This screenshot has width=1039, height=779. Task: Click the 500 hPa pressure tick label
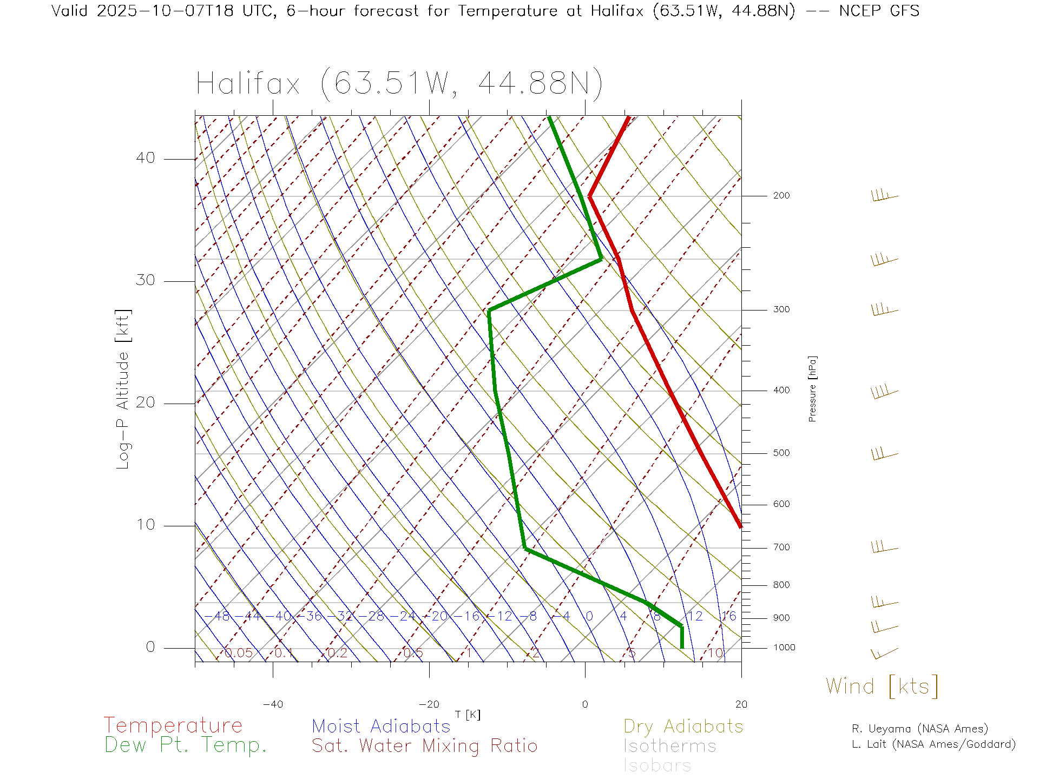(781, 453)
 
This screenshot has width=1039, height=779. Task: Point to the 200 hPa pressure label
(781, 195)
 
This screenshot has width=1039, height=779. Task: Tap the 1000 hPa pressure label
(784, 648)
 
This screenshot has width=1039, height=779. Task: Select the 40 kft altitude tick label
(145, 158)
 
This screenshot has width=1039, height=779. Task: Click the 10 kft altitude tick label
(145, 525)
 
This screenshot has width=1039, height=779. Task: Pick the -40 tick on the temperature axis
(273, 704)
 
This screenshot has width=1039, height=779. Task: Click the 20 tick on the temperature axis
(741, 704)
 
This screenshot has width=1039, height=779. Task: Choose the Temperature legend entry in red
(173, 725)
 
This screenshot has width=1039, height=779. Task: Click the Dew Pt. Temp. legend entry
(186, 745)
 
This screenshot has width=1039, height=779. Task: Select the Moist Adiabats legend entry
(381, 726)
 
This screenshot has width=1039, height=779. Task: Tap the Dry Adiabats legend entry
(683, 726)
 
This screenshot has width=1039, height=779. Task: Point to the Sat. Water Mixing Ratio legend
(424, 746)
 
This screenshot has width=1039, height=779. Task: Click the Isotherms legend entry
(670, 746)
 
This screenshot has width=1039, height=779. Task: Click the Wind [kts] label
(882, 686)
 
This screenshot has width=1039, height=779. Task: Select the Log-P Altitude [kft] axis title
(123, 389)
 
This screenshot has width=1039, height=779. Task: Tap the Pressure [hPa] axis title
(812, 388)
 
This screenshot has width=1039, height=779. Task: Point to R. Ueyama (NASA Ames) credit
(919, 729)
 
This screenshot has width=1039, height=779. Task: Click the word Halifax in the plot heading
(248, 84)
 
